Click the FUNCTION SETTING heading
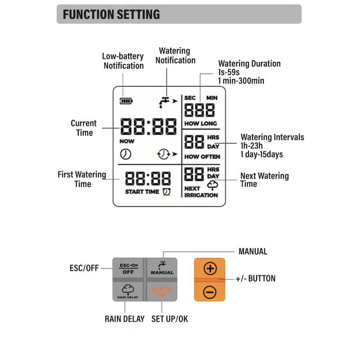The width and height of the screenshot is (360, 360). click(111, 14)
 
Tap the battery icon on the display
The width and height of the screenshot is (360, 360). click(126, 101)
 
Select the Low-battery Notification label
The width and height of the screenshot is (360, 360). click(123, 61)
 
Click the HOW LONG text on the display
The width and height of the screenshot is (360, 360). click(200, 123)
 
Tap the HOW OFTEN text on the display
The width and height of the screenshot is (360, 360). click(202, 157)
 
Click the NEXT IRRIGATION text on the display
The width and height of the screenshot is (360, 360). click(201, 192)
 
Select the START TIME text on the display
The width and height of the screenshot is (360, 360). click(142, 192)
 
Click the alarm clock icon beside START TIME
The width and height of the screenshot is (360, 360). click(166, 192)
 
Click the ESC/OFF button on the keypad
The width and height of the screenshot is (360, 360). click(128, 269)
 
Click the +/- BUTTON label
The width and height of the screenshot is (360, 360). click(255, 279)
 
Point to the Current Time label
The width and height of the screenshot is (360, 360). click(84, 128)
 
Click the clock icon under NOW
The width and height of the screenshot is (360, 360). click(126, 154)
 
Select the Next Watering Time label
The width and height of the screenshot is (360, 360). click(264, 180)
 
